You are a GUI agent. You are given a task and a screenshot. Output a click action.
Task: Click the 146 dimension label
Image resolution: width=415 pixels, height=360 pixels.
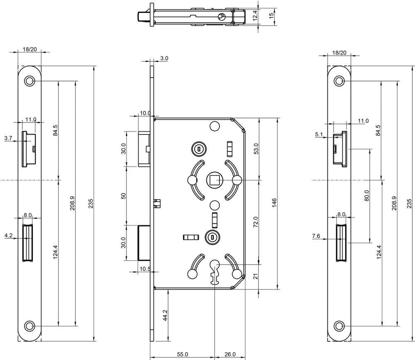coord(274,202)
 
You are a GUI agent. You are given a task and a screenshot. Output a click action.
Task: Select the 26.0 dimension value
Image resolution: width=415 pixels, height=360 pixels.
coord(229,354)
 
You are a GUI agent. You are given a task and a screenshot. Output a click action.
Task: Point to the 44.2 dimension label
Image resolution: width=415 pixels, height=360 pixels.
coord(165,315)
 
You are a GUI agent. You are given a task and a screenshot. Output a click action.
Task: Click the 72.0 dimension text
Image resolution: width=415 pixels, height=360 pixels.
coord(256,222)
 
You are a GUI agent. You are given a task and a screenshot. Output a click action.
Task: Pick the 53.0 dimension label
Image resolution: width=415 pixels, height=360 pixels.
coord(256,148)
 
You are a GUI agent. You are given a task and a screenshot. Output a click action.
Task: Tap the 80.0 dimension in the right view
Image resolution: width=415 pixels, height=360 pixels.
coord(366,195)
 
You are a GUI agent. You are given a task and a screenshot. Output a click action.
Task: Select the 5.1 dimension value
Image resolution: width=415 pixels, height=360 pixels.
coord(319,134)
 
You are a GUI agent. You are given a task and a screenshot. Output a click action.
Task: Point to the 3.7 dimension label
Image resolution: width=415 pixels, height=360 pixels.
coord(8,137)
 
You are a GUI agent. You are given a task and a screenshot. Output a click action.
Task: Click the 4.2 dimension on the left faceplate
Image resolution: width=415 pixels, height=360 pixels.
coord(8,235)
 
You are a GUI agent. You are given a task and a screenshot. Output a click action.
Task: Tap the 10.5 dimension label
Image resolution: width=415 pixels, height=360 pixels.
coord(145,269)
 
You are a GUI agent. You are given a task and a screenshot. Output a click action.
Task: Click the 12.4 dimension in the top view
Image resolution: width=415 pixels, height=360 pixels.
coord(256,15)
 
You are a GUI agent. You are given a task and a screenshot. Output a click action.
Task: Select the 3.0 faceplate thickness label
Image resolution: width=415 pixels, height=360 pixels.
coord(164,59)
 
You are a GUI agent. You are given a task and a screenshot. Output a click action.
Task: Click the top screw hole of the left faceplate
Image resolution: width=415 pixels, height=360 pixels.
coord(29,81)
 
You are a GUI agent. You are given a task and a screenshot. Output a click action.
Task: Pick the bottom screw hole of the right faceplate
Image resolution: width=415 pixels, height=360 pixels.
coord(339,326)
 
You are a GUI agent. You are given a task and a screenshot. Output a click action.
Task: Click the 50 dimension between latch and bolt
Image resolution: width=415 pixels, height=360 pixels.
coord(123,196)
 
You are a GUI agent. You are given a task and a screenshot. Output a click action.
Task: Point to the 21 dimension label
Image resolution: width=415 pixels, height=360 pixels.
coord(256,276)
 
